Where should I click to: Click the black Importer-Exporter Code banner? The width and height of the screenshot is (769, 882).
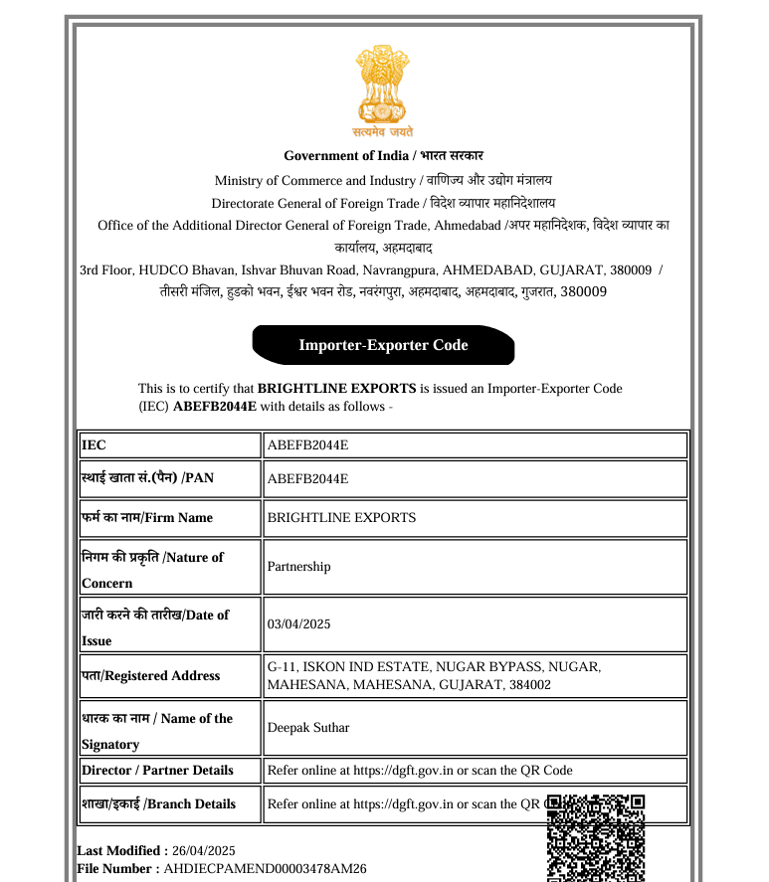pos(384,345)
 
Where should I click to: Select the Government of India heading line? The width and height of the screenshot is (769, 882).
pos(384,155)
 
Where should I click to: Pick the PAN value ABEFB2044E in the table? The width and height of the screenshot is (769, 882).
pos(308,478)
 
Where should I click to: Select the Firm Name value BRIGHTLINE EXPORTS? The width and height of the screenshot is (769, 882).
pos(342,518)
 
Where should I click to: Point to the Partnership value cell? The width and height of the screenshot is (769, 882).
pos(299,567)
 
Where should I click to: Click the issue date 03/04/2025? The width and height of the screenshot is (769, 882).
pos(299,624)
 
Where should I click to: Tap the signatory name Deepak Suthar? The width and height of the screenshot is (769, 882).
pos(308,728)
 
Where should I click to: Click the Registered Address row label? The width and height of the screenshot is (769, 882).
pos(150,676)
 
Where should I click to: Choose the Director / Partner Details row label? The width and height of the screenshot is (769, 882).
pos(157,771)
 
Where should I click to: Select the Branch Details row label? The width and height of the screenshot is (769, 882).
pos(158,803)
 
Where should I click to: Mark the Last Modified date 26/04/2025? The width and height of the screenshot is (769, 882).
pos(204,850)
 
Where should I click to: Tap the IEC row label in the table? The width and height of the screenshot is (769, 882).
pos(94,445)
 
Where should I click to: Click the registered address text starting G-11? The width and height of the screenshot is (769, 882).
pos(434,676)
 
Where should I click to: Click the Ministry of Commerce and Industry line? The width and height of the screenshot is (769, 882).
pos(384,180)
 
